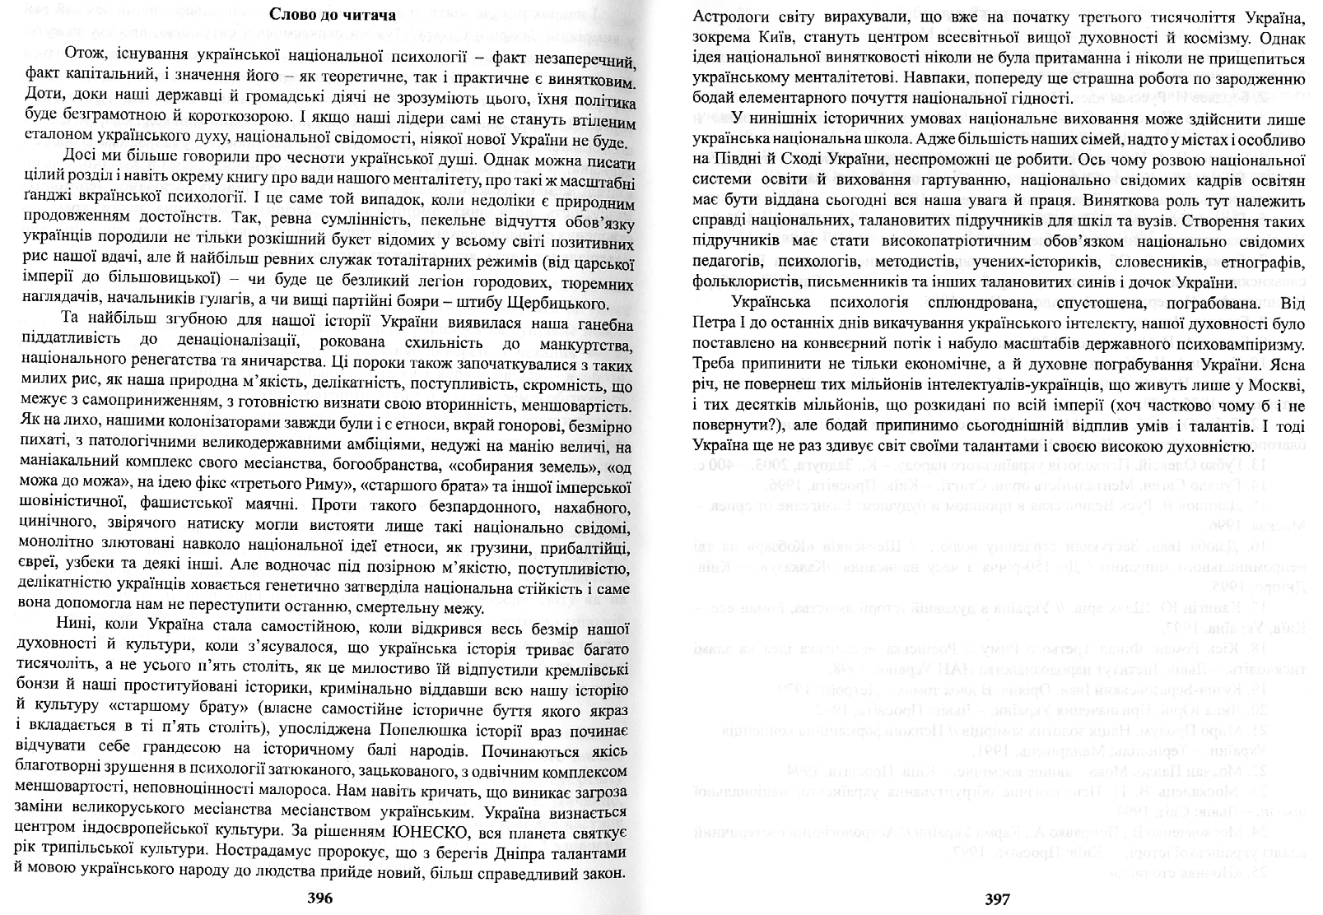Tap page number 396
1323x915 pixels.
pyautogui.click(x=319, y=899)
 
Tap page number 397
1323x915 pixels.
pyautogui.click(x=996, y=899)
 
